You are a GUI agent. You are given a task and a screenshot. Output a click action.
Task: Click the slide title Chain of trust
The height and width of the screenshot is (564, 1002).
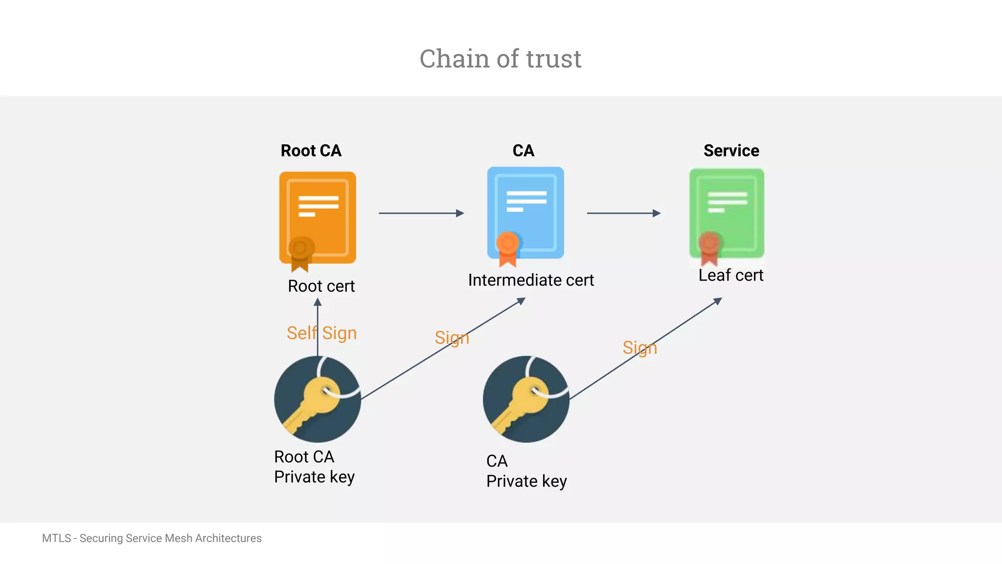point(500,59)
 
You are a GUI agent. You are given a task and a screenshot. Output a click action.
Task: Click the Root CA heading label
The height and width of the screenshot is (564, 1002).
point(311,150)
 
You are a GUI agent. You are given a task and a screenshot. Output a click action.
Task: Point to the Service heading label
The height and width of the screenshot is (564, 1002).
point(731,150)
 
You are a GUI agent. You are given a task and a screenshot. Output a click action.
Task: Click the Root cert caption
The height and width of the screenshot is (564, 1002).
point(321,286)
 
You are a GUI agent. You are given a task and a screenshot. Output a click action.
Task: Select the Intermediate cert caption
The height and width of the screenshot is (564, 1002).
point(531,280)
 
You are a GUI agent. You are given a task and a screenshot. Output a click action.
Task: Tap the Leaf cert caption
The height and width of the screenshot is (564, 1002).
point(730,275)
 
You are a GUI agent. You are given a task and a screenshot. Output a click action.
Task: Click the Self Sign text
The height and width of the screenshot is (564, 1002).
point(321,333)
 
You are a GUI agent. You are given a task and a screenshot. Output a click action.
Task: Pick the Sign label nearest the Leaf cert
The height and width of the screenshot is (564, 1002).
point(639,348)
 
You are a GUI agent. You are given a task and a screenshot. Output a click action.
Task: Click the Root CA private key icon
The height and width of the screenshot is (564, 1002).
point(318,399)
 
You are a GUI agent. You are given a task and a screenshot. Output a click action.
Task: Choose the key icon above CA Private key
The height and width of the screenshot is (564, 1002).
point(526,399)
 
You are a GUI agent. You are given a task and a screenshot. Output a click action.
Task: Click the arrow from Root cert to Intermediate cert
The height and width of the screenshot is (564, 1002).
point(421,213)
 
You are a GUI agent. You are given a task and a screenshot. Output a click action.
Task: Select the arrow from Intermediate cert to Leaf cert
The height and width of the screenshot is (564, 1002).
point(623,213)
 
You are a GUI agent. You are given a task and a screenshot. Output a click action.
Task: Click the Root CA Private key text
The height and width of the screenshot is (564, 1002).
point(314,467)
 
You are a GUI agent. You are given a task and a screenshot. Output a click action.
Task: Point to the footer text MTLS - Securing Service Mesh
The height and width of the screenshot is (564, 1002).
point(152,538)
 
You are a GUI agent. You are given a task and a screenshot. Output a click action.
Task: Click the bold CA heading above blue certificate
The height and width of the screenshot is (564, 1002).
point(523,150)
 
